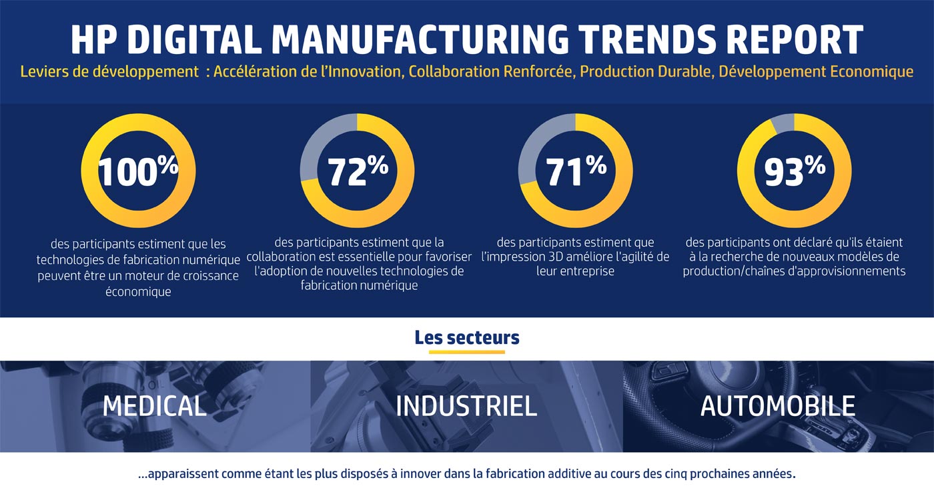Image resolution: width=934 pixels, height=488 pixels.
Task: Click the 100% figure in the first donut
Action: [138, 172]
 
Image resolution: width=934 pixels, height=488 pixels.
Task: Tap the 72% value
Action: [358, 172]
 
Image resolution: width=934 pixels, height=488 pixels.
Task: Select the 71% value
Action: [576, 172]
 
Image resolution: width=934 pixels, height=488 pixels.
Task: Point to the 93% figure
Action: [794, 172]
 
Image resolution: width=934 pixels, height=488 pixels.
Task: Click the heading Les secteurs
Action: [466, 337]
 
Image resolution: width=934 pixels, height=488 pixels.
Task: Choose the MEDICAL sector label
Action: [155, 406]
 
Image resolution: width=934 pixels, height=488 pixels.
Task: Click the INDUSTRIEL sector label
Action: [466, 406]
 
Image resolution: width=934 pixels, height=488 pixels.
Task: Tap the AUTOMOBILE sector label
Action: [777, 406]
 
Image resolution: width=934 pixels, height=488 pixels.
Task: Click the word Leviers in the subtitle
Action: [43, 71]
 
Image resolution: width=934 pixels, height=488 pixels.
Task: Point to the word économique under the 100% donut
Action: [138, 292]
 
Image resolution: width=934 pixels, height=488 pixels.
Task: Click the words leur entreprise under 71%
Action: [575, 271]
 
